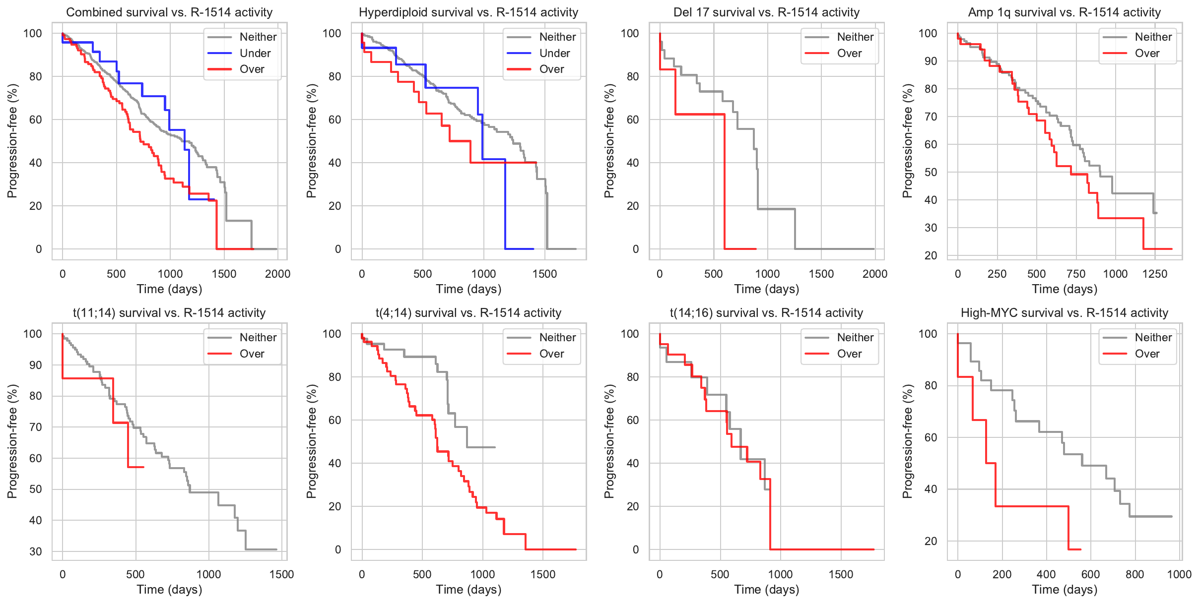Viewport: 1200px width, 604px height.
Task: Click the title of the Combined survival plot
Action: point(169,12)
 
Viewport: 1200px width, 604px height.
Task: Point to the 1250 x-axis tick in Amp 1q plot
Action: point(1155,274)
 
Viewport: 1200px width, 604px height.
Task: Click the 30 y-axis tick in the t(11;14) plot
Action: point(36,551)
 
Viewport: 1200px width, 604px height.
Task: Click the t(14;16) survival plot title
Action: point(766,313)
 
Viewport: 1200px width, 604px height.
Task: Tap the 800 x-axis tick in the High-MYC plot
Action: point(1135,574)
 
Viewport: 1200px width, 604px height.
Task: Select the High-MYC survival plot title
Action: point(1065,313)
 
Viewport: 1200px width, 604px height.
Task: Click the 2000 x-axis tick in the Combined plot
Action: point(277,274)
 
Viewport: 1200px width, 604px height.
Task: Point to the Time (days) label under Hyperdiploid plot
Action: point(468,289)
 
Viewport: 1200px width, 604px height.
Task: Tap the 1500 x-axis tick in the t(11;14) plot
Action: point(281,574)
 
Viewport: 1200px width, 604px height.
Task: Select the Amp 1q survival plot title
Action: point(1065,12)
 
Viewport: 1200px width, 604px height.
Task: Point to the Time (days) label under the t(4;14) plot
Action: point(468,590)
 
